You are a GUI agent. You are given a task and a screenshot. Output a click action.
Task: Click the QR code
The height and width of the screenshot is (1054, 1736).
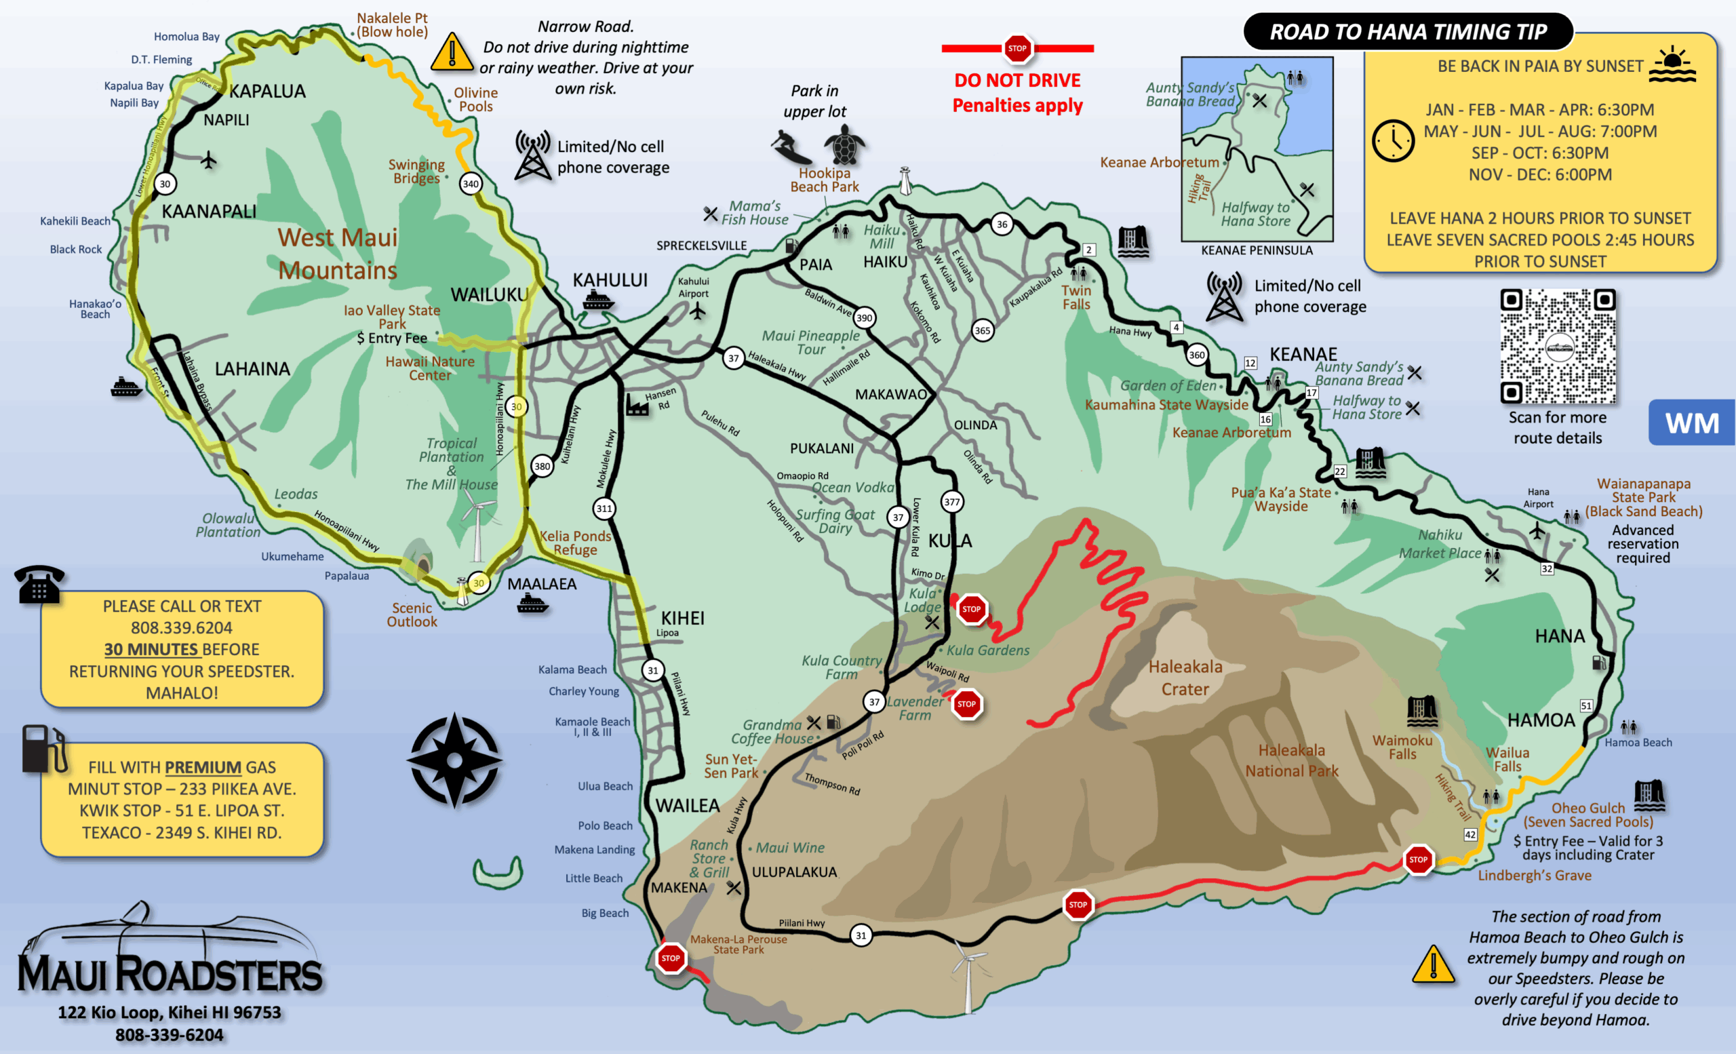click(1558, 346)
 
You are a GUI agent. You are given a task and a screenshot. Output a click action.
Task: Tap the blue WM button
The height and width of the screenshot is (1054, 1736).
click(1692, 423)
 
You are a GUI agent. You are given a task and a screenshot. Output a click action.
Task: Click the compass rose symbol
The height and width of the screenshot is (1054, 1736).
click(454, 760)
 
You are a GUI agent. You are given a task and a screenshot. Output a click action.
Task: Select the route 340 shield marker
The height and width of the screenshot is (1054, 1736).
click(471, 184)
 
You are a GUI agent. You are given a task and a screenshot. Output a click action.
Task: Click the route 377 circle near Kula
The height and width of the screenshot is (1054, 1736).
click(952, 502)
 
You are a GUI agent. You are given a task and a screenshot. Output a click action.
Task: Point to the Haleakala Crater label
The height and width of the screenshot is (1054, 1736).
click(1185, 677)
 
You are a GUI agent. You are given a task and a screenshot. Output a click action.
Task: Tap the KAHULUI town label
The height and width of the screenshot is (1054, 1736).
click(610, 280)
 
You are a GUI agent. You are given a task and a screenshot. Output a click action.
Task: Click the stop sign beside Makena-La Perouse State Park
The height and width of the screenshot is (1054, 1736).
click(671, 958)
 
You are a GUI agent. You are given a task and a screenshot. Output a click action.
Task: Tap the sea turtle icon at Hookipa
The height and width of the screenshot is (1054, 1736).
click(844, 144)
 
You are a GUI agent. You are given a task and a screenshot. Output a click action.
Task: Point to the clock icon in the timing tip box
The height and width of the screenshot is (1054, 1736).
click(1393, 141)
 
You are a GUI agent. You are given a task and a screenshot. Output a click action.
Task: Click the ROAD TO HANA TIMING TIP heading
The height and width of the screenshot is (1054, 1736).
click(1408, 32)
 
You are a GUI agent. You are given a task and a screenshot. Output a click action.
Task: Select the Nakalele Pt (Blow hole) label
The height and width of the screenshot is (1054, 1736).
click(392, 25)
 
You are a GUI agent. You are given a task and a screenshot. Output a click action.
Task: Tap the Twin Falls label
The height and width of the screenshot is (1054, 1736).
click(1076, 297)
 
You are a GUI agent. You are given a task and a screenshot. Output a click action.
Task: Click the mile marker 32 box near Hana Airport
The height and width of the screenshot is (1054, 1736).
click(1547, 568)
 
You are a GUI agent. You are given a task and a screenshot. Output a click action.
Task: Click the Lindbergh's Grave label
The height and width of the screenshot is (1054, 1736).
click(1535, 875)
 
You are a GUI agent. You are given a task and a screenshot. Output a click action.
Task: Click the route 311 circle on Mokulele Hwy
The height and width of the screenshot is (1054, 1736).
click(604, 509)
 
